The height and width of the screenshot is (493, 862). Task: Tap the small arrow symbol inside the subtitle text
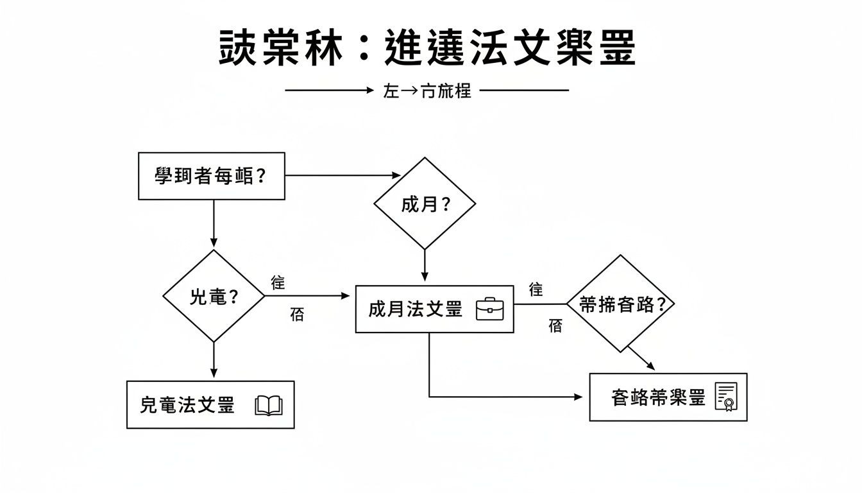click(409, 91)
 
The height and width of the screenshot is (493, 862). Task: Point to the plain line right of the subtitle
click(524, 91)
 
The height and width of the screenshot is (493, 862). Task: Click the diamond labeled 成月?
click(425, 203)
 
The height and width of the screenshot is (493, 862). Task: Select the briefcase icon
click(490, 309)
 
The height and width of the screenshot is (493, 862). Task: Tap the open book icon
click(269, 406)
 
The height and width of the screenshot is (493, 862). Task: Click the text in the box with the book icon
click(187, 405)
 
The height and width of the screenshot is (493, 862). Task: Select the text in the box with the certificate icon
click(658, 397)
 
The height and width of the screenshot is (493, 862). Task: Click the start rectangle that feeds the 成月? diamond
click(212, 176)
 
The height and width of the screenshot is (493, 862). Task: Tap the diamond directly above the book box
click(214, 296)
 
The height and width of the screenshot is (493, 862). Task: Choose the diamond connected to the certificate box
click(620, 304)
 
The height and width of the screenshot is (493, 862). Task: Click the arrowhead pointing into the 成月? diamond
click(396, 175)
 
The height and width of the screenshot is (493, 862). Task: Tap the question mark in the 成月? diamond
click(444, 205)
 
